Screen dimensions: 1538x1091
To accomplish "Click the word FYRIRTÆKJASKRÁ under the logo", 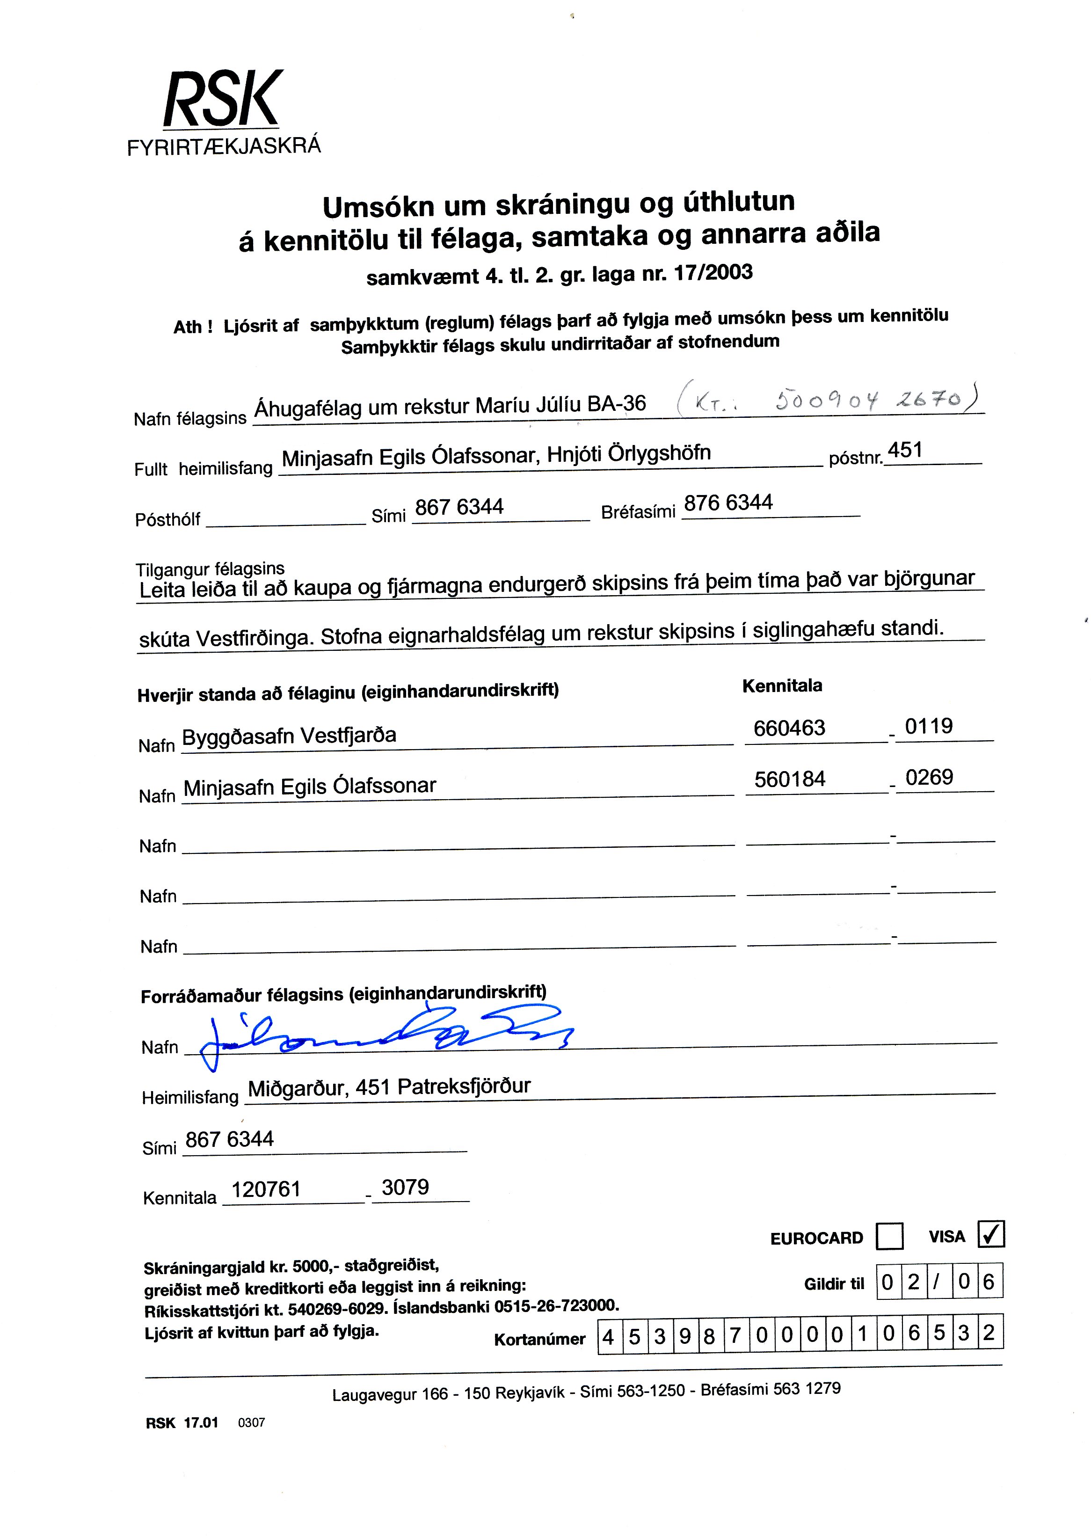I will click(224, 146).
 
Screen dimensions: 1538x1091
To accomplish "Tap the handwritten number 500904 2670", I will click(871, 401).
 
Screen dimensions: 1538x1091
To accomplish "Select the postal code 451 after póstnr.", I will click(905, 450).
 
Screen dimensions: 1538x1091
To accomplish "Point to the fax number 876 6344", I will click(727, 503).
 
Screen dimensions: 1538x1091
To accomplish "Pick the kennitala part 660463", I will click(789, 728).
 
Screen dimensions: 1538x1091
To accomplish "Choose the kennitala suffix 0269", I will click(929, 777).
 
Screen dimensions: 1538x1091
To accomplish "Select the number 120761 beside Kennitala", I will click(266, 1189).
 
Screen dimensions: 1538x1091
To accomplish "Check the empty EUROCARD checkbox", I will click(889, 1236).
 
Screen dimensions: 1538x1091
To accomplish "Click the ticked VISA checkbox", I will click(991, 1233).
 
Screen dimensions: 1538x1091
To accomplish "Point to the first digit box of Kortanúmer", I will click(609, 1336).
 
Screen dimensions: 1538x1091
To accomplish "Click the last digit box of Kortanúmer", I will click(988, 1333).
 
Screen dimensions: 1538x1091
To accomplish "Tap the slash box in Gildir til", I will click(938, 1282).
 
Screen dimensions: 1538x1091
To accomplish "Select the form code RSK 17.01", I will click(182, 1422).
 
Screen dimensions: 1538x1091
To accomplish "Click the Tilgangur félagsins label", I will click(210, 569).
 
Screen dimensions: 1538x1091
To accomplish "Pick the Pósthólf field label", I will click(168, 519).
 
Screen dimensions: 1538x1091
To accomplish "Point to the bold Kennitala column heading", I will click(782, 685).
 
